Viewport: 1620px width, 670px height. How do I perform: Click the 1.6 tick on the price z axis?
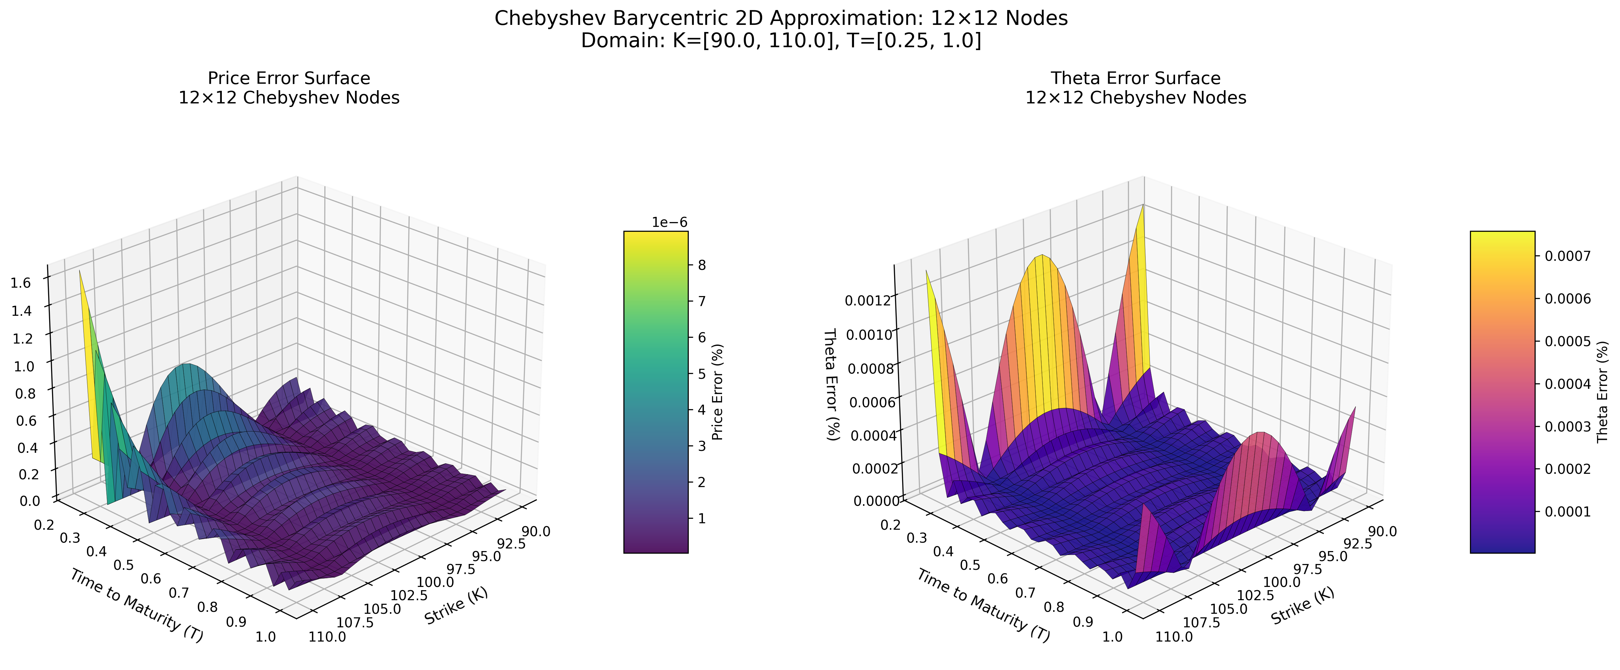click(23, 283)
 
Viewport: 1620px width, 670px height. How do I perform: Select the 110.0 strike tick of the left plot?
click(327, 637)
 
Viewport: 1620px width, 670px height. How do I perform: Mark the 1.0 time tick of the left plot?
click(266, 637)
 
